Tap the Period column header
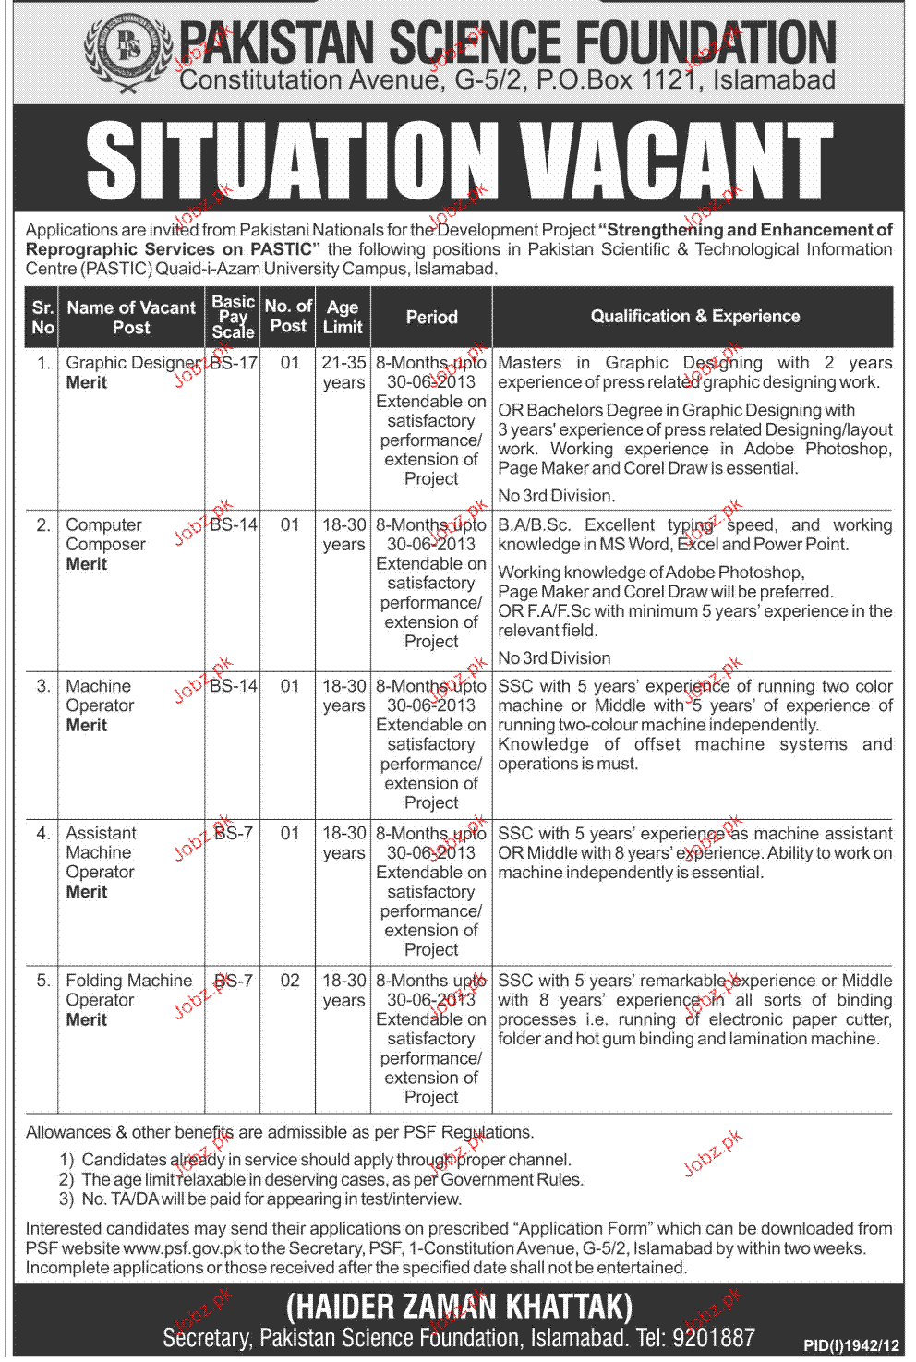click(431, 317)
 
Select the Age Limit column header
click(343, 317)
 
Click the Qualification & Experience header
click(694, 316)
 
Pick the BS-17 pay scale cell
click(234, 363)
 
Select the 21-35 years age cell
click(343, 372)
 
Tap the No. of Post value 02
click(290, 981)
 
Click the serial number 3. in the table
click(43, 686)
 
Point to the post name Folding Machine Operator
click(128, 990)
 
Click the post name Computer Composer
click(105, 535)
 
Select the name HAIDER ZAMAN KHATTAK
click(459, 1307)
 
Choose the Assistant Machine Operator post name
click(100, 852)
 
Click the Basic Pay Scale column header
click(233, 317)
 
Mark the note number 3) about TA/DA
click(66, 1199)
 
